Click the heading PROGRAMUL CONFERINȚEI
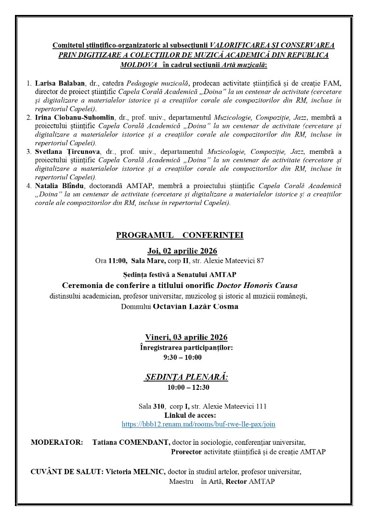pos(180,235)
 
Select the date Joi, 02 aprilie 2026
pos(182,251)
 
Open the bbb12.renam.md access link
pos(198,424)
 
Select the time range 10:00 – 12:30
pos(188,387)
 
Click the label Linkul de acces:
pos(190,415)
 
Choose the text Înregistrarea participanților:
pos(186,347)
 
